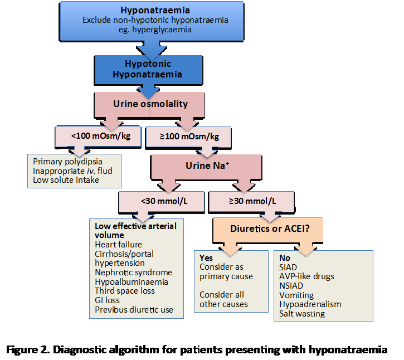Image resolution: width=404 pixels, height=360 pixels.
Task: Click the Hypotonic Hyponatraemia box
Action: pos(148,70)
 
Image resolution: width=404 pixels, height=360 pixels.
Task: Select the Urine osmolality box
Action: pos(149,105)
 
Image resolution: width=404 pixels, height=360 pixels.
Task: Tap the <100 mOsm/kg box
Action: pos(98,137)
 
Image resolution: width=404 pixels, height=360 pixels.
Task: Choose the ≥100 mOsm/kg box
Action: pos(188,137)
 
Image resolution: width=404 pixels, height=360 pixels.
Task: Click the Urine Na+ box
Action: pos(206,167)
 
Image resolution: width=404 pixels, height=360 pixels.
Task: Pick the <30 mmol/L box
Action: pos(162,202)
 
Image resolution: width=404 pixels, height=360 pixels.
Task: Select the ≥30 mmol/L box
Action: pos(251,202)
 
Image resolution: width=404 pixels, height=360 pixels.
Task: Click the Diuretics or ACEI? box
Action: pos(268,230)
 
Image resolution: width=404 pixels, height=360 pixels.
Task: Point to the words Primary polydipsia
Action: pos(68,162)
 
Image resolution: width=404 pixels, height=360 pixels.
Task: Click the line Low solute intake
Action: pos(66,180)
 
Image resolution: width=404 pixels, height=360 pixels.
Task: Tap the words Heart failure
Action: pos(118,244)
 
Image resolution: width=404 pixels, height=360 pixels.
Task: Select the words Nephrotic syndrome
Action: pos(134,273)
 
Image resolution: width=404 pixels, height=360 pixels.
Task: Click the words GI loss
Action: pos(107,300)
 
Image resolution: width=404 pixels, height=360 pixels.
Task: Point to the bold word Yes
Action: pos(206,258)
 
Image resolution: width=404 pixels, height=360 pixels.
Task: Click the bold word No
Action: pos(285,258)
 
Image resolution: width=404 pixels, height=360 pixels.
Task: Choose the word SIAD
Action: pos(288,267)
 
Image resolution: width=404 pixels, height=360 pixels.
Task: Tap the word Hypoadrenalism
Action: pos(310,304)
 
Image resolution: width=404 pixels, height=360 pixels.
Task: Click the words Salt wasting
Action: pos(302,314)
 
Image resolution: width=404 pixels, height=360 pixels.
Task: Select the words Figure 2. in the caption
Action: pos(28,350)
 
